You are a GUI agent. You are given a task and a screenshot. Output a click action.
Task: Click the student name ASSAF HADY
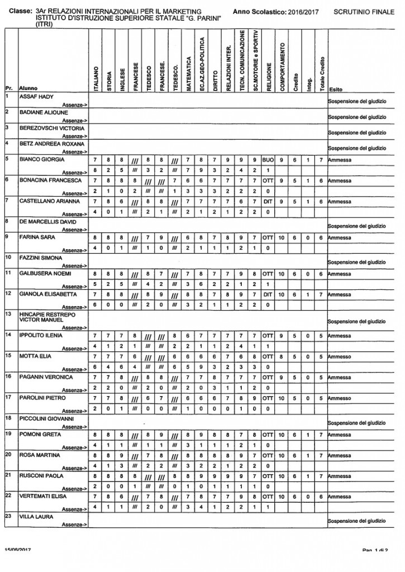click(36, 97)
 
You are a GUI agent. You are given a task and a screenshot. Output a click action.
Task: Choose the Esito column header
click(336, 89)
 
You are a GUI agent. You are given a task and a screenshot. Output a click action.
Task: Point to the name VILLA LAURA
click(36, 517)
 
